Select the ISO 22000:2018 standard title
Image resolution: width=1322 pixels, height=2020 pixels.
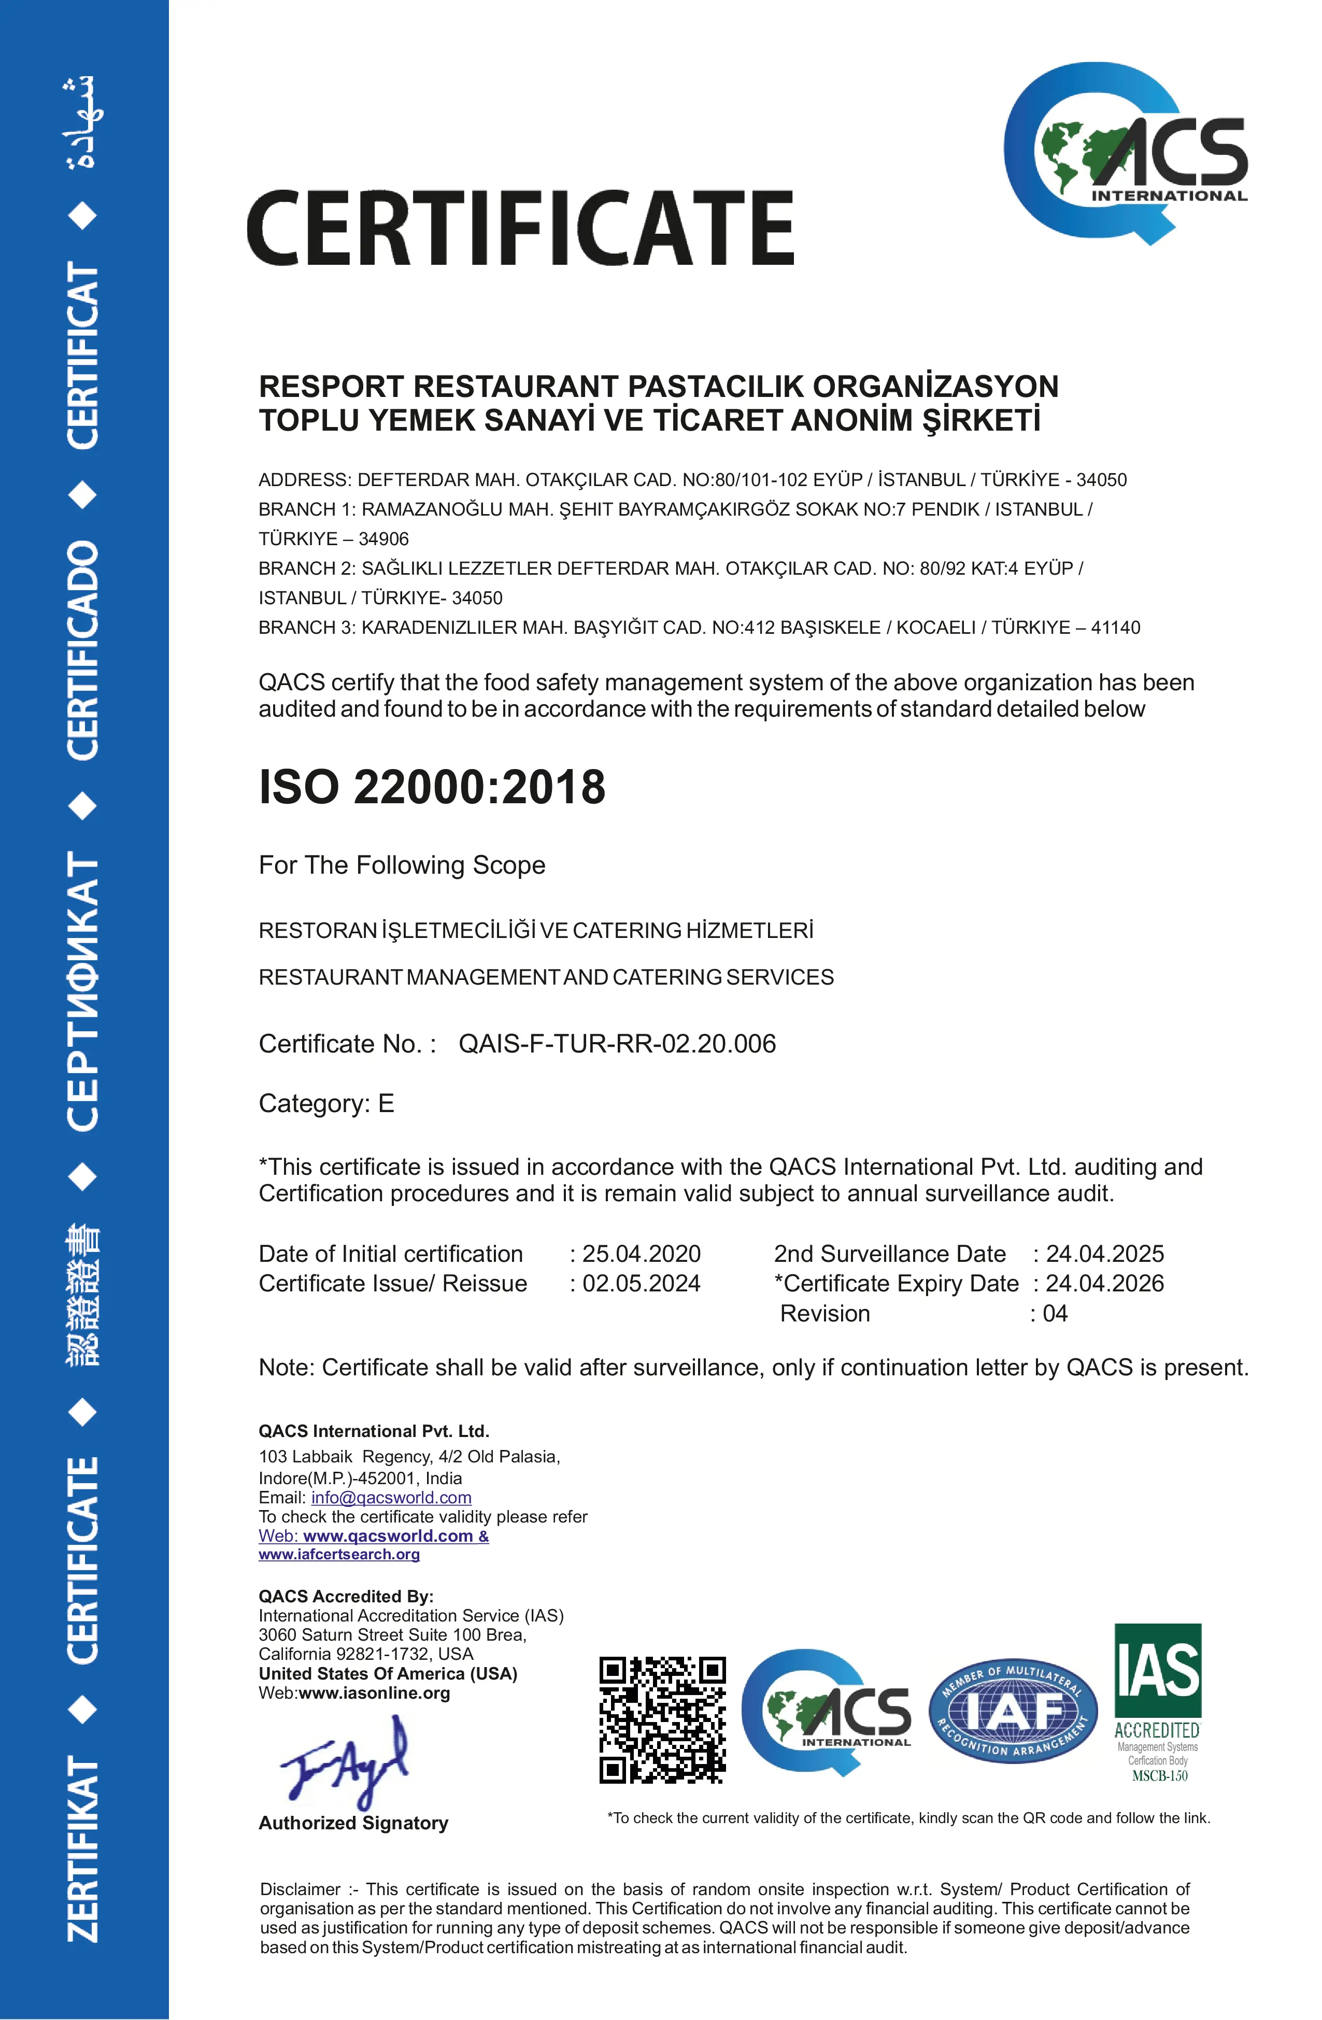pos(432,787)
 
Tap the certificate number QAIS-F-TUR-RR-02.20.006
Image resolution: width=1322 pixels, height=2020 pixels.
pos(617,1044)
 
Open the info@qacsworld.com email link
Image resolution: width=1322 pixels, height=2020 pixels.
pos(391,1498)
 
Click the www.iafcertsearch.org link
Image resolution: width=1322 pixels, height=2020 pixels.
pos(339,1554)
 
